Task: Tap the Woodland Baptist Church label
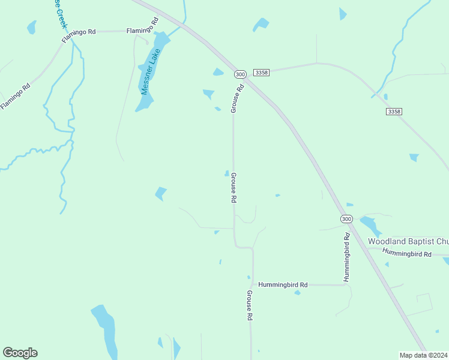tap(408, 241)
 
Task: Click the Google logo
tap(20, 353)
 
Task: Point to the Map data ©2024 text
tap(423, 355)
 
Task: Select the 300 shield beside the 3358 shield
tap(240, 74)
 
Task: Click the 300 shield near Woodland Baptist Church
tap(346, 219)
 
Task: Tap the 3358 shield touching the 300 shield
tap(261, 72)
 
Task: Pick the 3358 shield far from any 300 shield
tap(394, 112)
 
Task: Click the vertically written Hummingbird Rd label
tap(347, 257)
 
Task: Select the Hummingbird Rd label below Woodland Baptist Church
tap(407, 254)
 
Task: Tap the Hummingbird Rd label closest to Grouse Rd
tap(283, 285)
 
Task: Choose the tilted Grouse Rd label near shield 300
tap(237, 98)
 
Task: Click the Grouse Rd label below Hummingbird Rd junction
tap(250, 305)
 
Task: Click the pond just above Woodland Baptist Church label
tap(369, 225)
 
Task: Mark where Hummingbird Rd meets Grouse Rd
tap(253, 284)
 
